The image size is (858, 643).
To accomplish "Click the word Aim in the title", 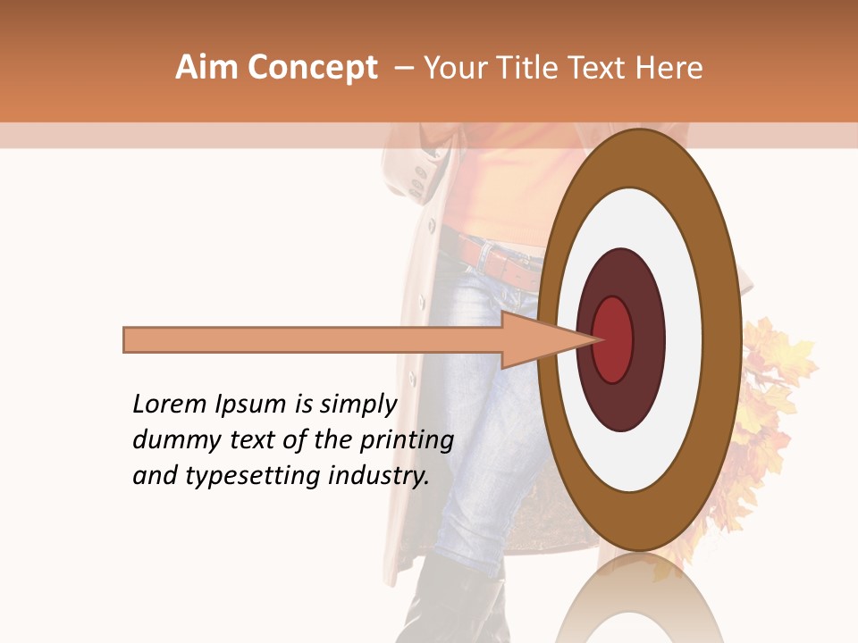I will click(x=206, y=68).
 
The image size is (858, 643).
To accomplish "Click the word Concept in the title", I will click(x=312, y=68).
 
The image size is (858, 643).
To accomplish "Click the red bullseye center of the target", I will click(x=614, y=339).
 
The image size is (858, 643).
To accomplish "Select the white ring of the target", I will click(x=684, y=339).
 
